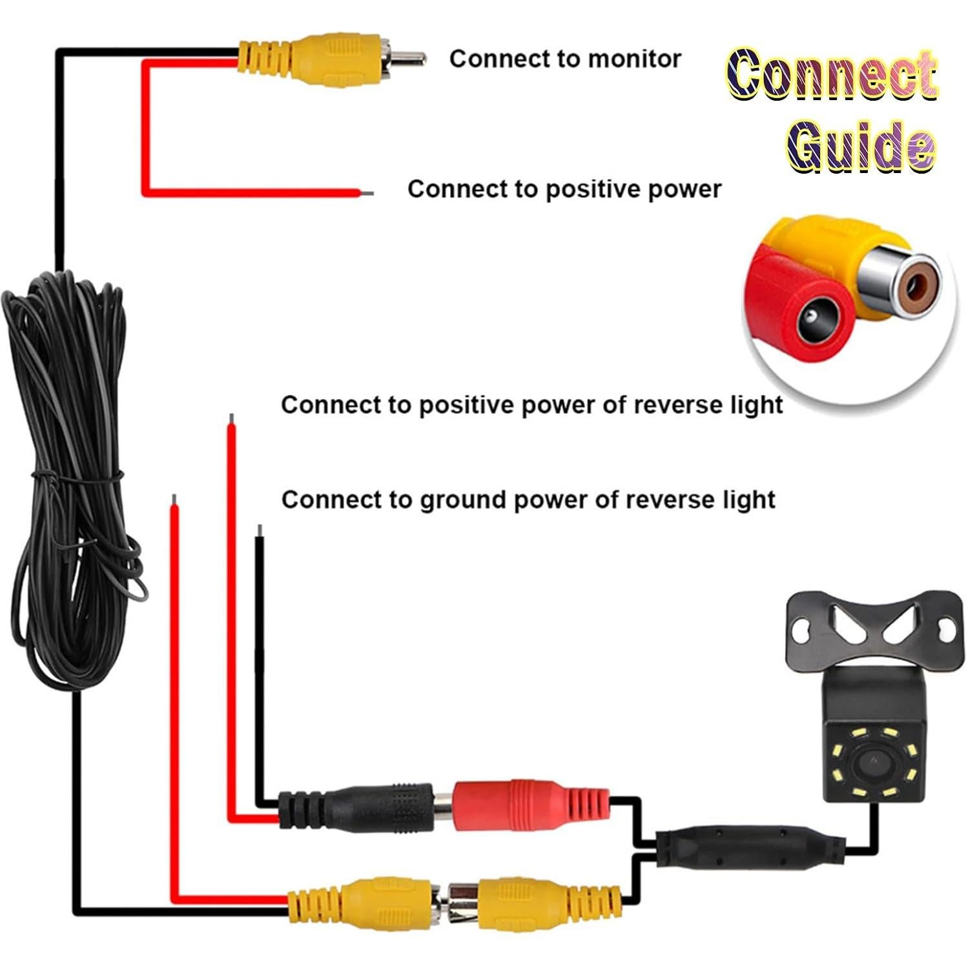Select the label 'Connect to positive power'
tap(564, 189)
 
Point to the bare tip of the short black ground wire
tap(259, 530)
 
